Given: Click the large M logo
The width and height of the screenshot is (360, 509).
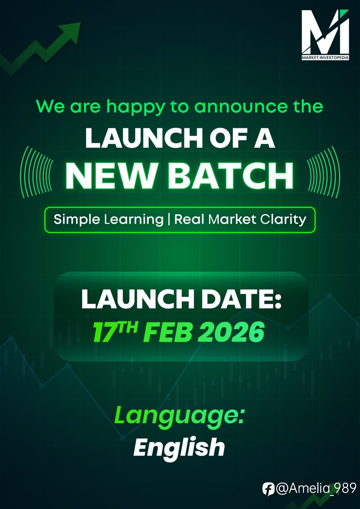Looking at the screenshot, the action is coord(325,31).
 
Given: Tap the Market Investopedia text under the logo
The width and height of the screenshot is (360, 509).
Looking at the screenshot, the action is coord(325,58).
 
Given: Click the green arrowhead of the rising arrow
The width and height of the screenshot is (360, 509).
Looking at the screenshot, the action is coord(70,31).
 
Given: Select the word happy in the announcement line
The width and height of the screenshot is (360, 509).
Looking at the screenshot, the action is coord(136,107).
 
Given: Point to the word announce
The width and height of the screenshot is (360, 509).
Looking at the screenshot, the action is coord(241,107).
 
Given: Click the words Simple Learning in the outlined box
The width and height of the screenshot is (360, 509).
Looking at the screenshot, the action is coord(109,220).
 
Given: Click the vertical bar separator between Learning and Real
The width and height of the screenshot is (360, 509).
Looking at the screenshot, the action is coord(169,219).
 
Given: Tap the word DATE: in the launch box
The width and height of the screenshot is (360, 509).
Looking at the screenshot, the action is coord(241,299).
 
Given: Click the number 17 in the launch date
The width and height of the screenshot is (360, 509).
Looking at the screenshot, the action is coord(104,332).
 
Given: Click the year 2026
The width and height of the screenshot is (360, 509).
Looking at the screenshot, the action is coord(231,332).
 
